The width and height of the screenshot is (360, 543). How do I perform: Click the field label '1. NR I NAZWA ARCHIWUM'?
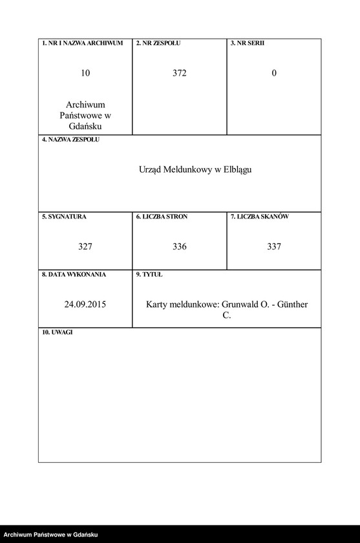(82, 43)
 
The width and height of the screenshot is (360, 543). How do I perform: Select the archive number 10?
(85, 73)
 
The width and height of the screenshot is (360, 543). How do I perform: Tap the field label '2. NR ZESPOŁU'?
(158, 43)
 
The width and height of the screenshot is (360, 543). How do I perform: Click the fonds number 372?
(180, 73)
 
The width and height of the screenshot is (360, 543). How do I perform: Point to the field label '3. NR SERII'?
(248, 43)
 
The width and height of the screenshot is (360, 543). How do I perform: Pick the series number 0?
(274, 73)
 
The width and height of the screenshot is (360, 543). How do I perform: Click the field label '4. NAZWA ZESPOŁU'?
(71, 140)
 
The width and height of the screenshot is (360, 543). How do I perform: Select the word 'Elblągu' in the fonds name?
(237, 169)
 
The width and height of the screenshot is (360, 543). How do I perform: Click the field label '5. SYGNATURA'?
(64, 217)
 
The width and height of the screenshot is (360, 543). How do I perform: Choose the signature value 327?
(85, 246)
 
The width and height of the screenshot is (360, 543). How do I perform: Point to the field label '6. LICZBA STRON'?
(162, 217)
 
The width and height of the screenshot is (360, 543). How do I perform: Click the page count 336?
(180, 246)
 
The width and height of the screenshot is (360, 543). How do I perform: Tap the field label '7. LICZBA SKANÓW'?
(260, 217)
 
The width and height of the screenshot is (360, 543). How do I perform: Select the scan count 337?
(274, 246)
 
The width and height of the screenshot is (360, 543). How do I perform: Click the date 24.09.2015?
(85, 304)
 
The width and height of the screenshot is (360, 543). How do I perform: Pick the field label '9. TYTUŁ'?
(149, 275)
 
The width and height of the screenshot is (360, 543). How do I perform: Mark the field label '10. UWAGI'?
(58, 332)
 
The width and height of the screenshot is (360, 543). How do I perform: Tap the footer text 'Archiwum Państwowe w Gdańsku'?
(50, 535)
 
